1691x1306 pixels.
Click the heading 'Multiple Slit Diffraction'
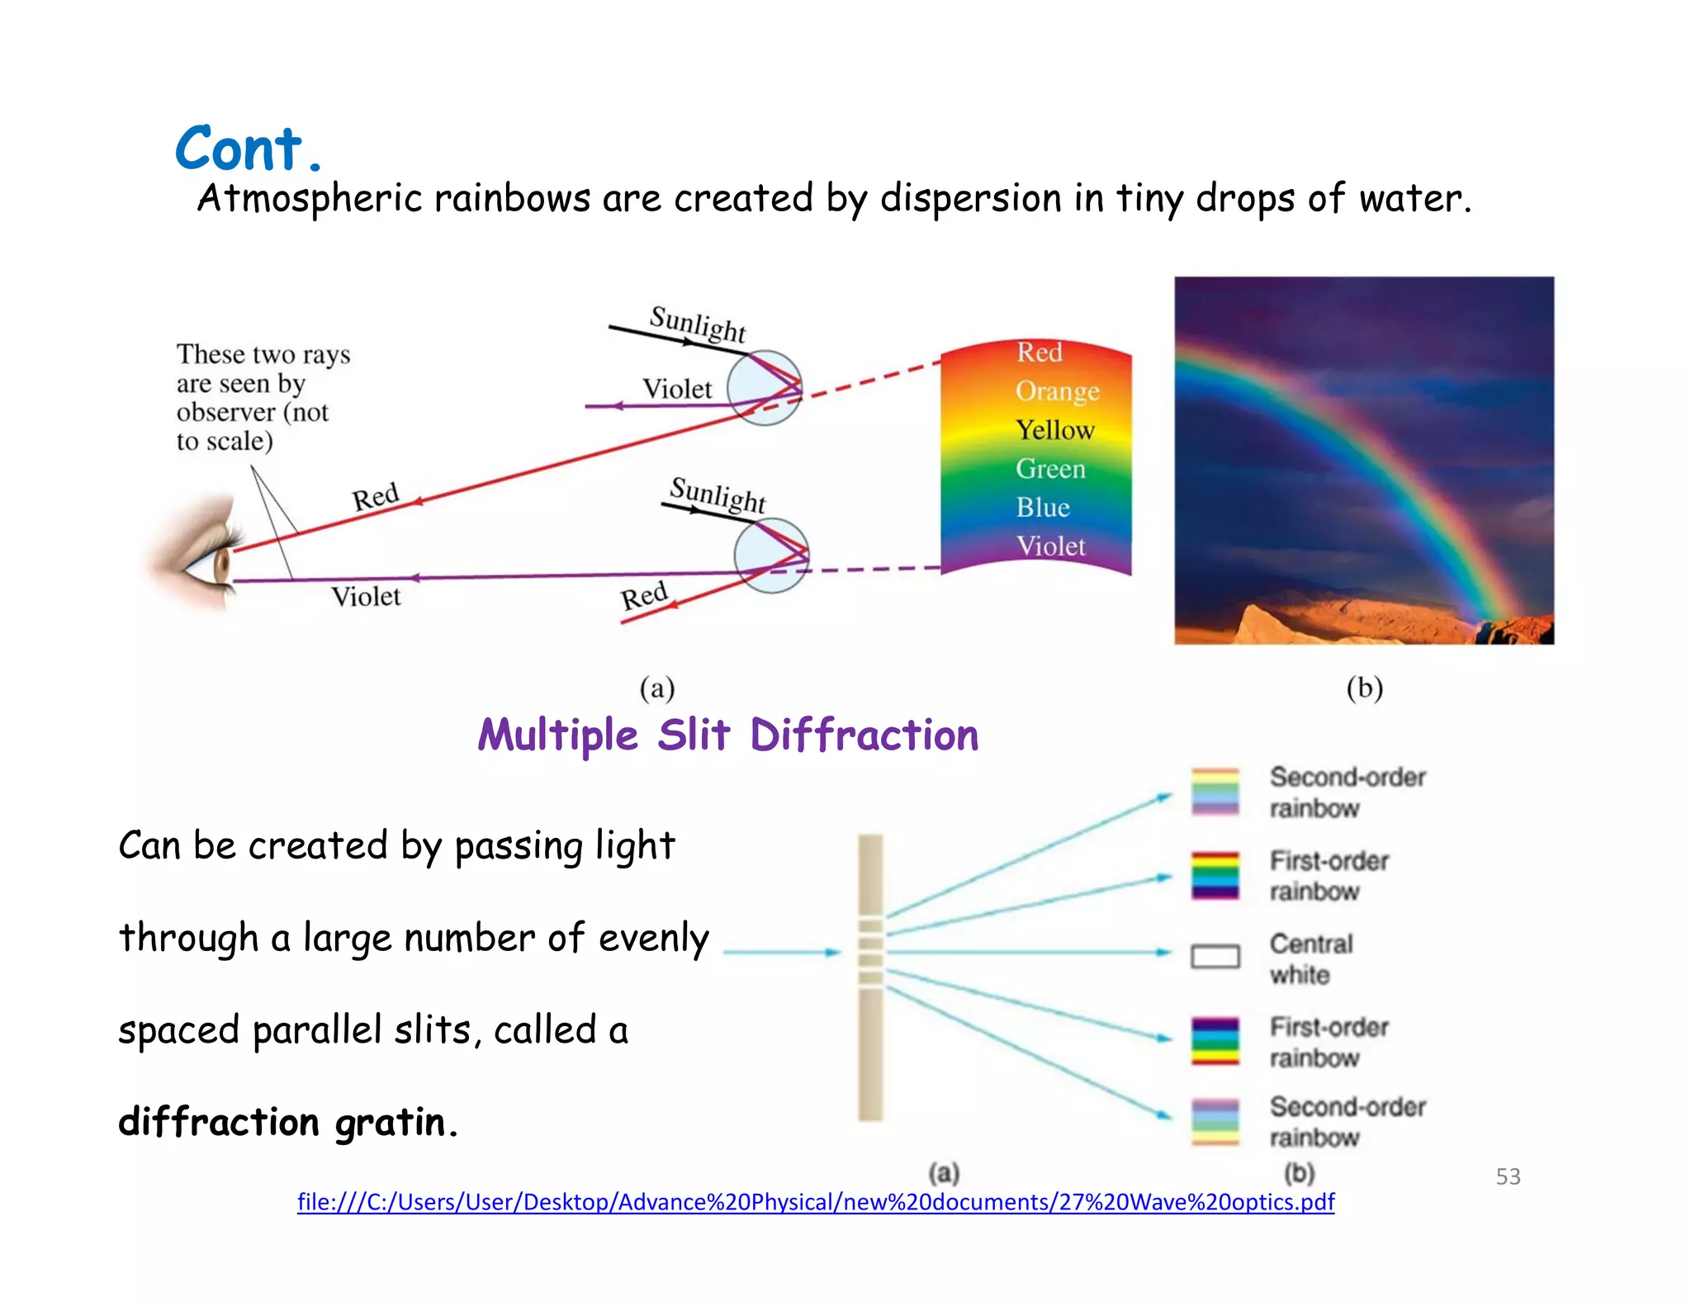pos(727,735)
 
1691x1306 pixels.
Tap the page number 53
pos(1508,1176)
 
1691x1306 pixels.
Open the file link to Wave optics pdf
pos(815,1202)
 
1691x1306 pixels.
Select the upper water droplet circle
pos(765,387)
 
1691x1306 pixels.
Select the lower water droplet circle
pos(771,556)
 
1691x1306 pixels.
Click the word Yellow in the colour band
pos(1054,430)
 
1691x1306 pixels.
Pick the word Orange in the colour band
pos(1057,390)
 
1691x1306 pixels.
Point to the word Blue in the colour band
pos(1043,507)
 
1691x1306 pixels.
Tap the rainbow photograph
pos(1363,460)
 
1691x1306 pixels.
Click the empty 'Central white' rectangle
pos(1215,956)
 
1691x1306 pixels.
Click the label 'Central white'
pos(1310,958)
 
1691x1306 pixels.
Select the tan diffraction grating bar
pos(870,977)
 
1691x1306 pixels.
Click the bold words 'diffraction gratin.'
pos(287,1122)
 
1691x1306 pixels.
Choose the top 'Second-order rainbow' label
pos(1347,792)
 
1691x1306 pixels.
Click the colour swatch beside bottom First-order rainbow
pos(1215,1040)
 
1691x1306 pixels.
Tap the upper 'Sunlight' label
pos(698,324)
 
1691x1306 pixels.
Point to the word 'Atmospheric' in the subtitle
pos(309,199)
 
